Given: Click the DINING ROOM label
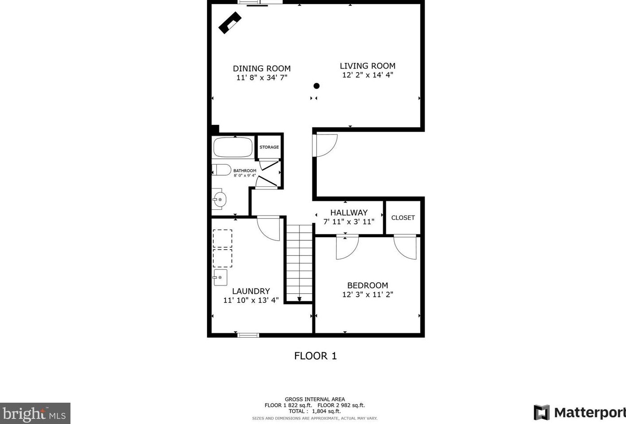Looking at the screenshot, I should tap(261, 69).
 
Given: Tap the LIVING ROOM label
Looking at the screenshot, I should tap(367, 66).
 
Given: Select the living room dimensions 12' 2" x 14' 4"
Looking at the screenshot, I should tap(367, 75).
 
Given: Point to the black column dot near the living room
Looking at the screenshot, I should tap(316, 86).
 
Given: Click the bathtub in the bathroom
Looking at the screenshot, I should tap(233, 147).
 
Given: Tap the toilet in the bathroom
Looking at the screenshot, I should tap(222, 170).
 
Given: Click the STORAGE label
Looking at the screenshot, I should tap(269, 147).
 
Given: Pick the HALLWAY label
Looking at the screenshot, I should tap(349, 212).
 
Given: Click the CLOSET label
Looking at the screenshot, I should tap(403, 218).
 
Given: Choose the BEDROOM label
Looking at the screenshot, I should tap(367, 285).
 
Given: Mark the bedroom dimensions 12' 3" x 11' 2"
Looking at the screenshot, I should tap(367, 294).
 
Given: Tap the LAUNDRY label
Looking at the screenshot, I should tap(251, 291).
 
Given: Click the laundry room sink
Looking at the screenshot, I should tap(220, 278).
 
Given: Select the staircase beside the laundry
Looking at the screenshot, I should tap(300, 263).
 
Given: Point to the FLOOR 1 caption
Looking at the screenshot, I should tap(315, 356).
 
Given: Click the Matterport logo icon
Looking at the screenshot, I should tap(541, 412).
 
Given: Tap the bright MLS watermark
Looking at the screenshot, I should tap(35, 414).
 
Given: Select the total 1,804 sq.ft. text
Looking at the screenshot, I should tap(315, 411).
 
